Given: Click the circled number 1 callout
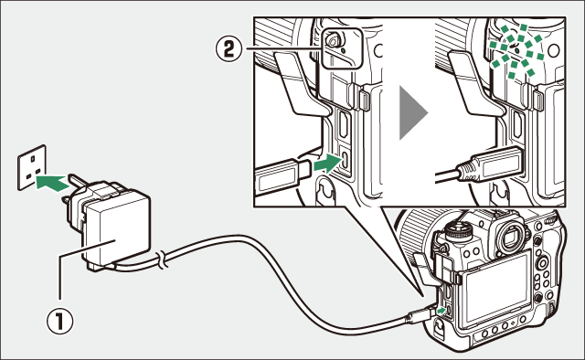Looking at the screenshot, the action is point(60,322).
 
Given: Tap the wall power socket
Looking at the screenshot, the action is point(32,167).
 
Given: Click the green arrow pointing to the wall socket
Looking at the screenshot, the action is point(51,182).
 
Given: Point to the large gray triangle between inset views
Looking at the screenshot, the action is point(412,112).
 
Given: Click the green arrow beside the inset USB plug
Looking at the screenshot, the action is point(327,164).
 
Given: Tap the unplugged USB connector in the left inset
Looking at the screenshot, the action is point(282,176).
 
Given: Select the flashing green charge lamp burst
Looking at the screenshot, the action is point(517,51).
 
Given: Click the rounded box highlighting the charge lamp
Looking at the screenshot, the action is point(342,48).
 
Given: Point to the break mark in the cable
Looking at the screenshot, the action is point(162,259).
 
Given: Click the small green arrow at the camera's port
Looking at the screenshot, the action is point(441,310).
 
